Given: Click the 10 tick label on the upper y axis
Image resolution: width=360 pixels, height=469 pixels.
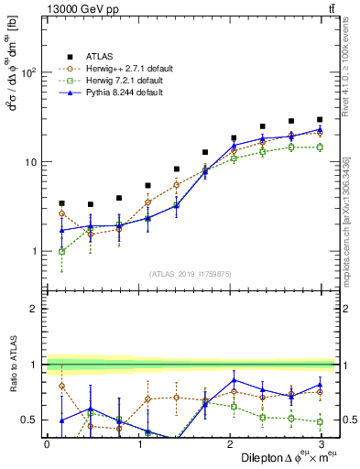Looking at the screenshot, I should click(30, 162).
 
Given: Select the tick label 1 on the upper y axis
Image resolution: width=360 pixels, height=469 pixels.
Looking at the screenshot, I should click(34, 251).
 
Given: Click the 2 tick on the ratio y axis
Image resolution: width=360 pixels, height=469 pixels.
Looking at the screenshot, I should click(34, 309).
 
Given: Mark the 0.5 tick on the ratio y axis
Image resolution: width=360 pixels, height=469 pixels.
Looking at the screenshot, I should click(30, 420).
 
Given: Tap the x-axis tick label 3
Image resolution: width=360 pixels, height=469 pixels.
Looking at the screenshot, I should click(320, 443).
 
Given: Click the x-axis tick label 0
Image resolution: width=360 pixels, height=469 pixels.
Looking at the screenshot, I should click(47, 443).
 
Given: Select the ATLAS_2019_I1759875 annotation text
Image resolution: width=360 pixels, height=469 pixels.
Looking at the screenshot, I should click(191, 274).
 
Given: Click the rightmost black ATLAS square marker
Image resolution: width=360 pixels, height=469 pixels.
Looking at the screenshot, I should click(320, 119).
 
